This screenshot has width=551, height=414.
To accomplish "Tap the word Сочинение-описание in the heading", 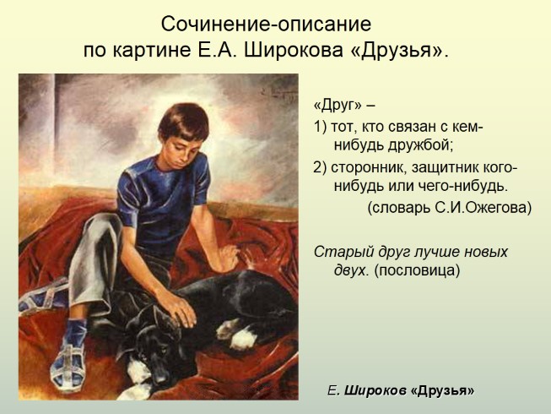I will click(x=266, y=23).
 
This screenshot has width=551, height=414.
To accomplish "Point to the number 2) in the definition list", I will click(x=320, y=166).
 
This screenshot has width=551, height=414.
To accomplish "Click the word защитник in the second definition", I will click(x=443, y=166).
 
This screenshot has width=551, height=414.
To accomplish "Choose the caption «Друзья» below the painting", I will click(x=442, y=390).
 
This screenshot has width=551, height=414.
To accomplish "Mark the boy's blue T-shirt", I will click(x=173, y=199).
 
